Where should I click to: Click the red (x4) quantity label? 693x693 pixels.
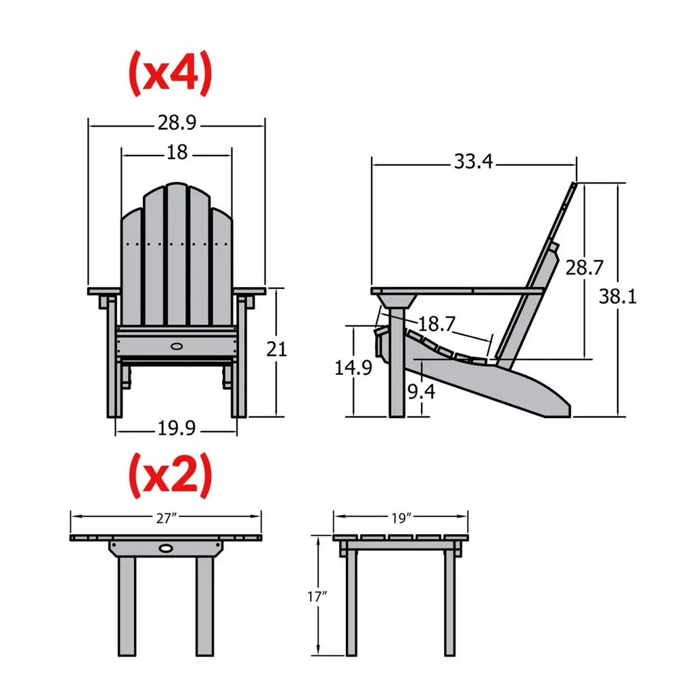(170, 73)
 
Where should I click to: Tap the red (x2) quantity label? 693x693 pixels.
(170, 476)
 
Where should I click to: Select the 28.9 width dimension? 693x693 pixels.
(177, 122)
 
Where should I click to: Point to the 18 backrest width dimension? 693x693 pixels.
(177, 152)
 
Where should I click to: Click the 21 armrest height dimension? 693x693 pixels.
(277, 349)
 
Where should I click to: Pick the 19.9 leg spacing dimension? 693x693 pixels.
(177, 428)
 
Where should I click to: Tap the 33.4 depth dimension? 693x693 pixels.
(473, 161)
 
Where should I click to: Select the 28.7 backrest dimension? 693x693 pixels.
(584, 267)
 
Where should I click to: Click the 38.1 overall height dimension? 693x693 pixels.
(617, 296)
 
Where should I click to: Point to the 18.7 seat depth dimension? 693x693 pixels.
(437, 324)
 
